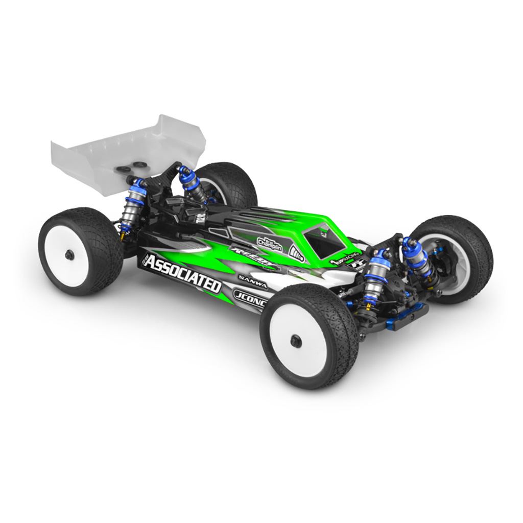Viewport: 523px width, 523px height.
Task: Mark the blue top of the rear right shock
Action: point(184,171)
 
